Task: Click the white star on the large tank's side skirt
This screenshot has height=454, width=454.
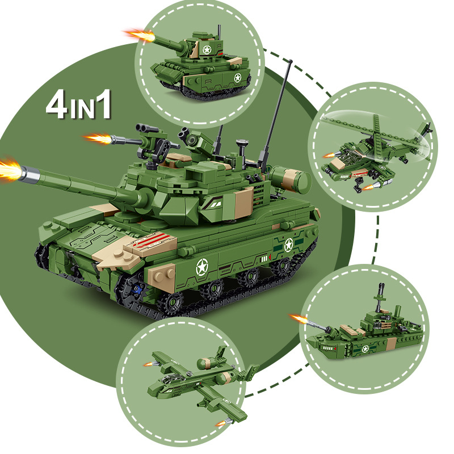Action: coord(201,266)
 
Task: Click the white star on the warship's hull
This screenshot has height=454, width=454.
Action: coord(365,348)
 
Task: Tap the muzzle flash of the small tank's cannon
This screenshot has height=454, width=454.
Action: coord(139,35)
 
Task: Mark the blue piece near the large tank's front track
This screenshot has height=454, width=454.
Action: coord(136,293)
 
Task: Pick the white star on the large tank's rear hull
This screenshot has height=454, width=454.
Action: coord(288,245)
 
